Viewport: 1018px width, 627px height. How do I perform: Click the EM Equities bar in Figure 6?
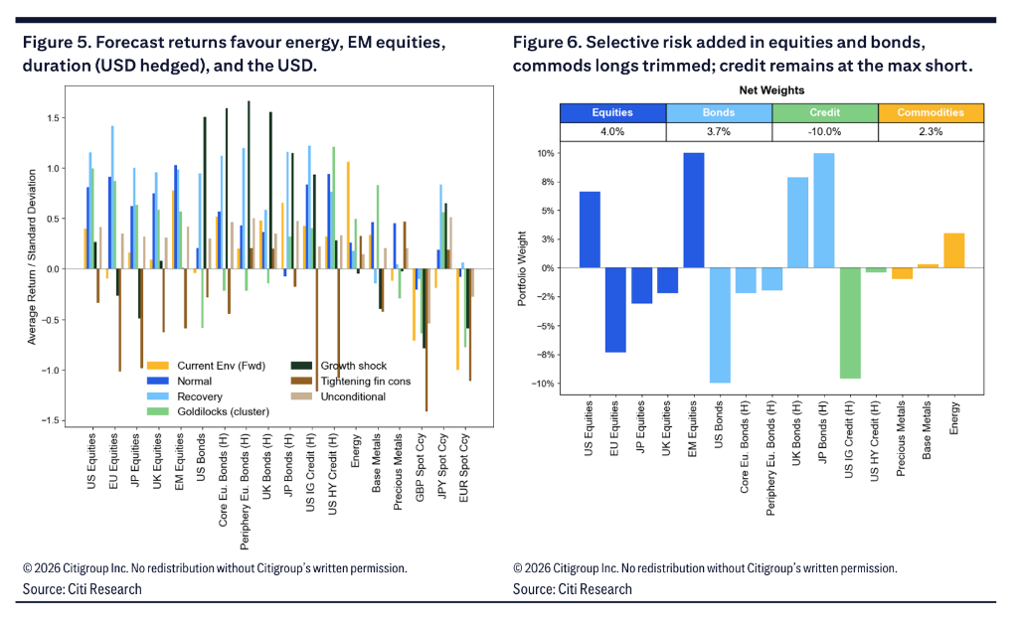point(693,211)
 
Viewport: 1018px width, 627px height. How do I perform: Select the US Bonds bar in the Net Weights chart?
point(720,325)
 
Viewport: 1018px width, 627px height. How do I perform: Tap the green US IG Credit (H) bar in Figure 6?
point(850,323)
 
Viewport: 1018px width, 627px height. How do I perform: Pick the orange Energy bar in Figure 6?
point(953,250)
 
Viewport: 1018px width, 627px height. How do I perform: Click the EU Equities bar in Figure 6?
point(615,310)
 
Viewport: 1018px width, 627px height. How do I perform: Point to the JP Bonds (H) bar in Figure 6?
point(824,211)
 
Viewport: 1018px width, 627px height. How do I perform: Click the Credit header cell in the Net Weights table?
point(825,113)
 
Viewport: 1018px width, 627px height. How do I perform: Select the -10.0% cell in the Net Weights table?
point(825,132)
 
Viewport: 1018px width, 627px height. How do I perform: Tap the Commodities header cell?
point(931,113)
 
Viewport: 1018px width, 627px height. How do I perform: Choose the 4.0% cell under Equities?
point(612,132)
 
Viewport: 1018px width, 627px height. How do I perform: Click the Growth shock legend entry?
point(338,366)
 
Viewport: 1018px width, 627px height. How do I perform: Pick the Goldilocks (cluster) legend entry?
point(208,411)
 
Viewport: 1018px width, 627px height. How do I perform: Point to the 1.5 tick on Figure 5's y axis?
point(53,118)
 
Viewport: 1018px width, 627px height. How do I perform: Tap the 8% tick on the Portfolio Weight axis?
point(546,183)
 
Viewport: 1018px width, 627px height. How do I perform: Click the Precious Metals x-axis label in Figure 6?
point(901,439)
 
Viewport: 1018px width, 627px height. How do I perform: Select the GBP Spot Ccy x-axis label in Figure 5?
point(421,467)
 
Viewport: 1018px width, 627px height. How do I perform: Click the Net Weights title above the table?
point(771,90)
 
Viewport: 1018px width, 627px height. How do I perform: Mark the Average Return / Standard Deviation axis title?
point(32,257)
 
